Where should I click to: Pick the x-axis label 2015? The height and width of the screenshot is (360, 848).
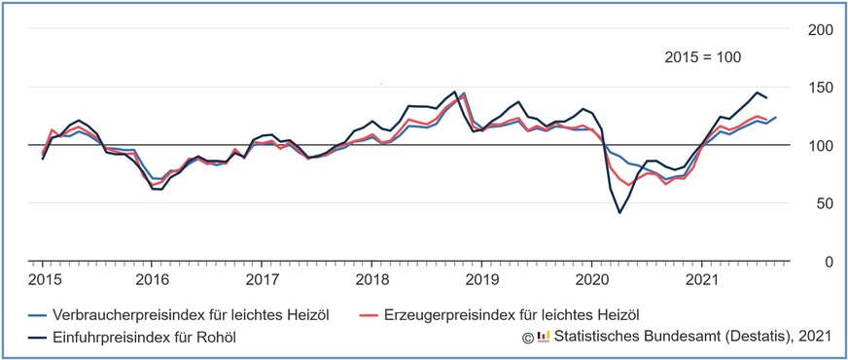click(x=42, y=279)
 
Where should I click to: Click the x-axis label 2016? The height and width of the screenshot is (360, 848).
click(x=151, y=279)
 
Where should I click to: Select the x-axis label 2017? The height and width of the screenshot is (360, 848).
click(x=261, y=279)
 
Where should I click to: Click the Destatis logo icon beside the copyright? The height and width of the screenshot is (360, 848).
click(x=544, y=337)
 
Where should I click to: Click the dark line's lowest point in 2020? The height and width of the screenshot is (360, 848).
click(x=618, y=212)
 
